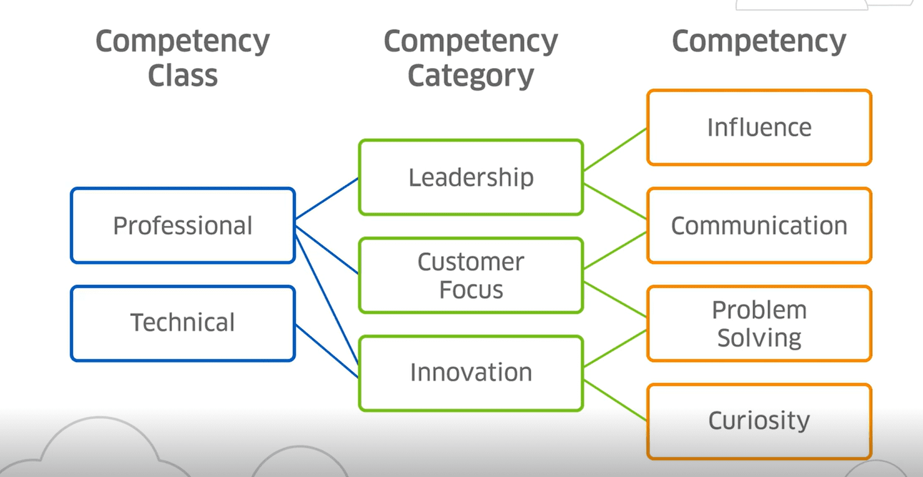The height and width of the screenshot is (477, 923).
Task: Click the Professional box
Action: [183, 225]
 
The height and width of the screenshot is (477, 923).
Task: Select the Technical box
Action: [183, 323]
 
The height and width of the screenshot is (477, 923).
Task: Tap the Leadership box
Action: [471, 177]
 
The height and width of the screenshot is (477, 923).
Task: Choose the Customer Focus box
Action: [471, 275]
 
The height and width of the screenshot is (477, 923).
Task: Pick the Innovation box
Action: [471, 372]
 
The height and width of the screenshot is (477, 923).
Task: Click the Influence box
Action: [759, 127]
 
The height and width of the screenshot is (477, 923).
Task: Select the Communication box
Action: [759, 225]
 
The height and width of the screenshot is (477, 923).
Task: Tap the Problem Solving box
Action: [759, 324]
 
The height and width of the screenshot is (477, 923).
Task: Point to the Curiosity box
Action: [759, 421]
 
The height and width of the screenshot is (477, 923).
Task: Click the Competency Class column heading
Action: [183, 58]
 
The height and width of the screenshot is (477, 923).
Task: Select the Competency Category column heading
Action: [471, 58]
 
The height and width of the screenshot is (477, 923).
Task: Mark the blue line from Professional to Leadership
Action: [327, 198]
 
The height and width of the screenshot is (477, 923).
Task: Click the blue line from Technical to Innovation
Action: [327, 351]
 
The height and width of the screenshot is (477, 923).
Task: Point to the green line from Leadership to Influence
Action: [615, 150]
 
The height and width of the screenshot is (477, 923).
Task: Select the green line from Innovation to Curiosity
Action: [615, 401]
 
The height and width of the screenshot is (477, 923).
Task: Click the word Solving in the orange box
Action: [759, 338]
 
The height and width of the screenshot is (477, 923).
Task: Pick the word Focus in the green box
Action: [471, 290]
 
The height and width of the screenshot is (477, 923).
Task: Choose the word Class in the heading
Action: [183, 75]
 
